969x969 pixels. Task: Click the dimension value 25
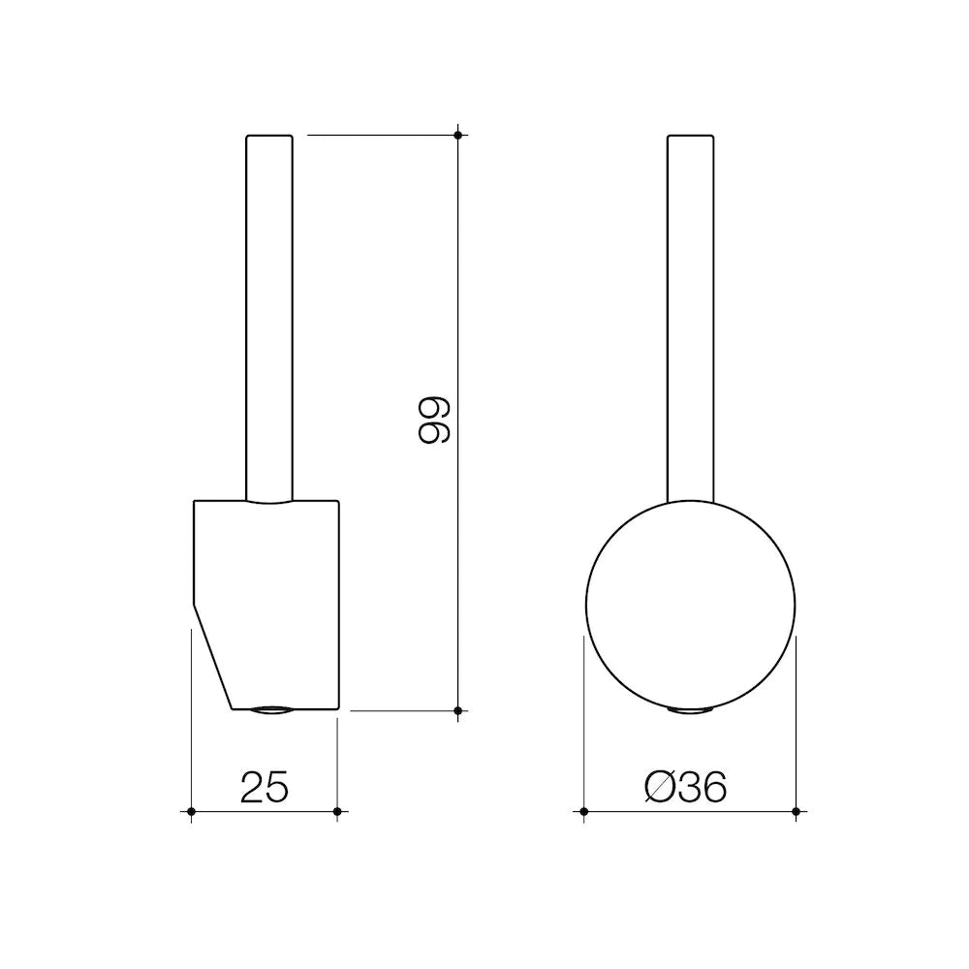(x=264, y=788)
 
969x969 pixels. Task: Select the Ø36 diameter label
(x=686, y=788)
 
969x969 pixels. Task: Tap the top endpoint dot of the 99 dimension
(x=458, y=134)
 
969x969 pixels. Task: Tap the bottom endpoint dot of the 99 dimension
(x=458, y=710)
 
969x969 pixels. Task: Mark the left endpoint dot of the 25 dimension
(x=192, y=810)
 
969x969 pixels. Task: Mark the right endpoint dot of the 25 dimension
(x=336, y=810)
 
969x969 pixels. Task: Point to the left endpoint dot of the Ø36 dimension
(x=583, y=810)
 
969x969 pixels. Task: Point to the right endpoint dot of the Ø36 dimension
(x=796, y=810)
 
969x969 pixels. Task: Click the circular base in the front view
(x=690, y=606)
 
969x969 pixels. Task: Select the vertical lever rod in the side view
(x=269, y=320)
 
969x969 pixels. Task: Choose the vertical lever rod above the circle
(x=691, y=320)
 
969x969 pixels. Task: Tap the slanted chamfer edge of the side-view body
(x=213, y=659)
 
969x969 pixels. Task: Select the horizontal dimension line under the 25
(x=264, y=810)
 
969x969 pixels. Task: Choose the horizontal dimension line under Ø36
(x=689, y=810)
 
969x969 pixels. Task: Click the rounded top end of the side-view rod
(x=269, y=138)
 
